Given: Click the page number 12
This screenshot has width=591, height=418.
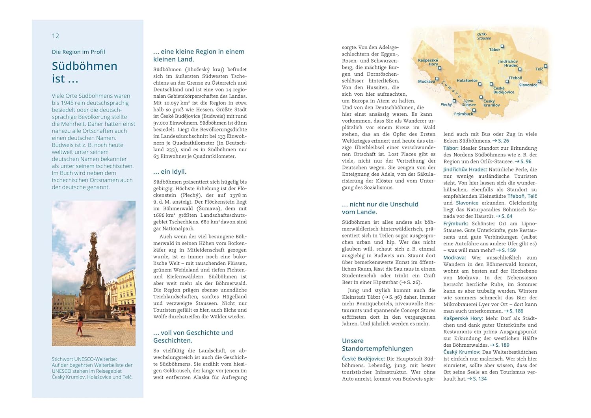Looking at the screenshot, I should coord(56,36).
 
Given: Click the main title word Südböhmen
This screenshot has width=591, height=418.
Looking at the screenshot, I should coord(85,66).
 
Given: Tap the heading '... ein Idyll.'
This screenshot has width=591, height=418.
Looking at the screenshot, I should coord(170,171).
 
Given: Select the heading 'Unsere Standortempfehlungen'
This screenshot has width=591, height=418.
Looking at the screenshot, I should coord(377,345).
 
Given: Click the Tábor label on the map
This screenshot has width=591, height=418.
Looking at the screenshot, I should coord(494,50).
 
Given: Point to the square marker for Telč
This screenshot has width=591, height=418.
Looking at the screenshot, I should coord(546,66).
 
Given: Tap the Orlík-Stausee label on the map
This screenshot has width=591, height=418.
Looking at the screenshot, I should coord(484,36).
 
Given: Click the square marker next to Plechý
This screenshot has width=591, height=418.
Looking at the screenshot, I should coord(454,101).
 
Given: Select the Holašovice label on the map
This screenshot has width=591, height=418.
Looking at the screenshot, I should coord(467,81).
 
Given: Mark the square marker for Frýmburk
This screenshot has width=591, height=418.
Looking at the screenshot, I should coord(474,110).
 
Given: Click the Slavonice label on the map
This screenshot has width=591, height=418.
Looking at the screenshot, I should coord(528,85).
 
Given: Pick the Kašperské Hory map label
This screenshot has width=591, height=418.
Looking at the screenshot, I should coord(428,62).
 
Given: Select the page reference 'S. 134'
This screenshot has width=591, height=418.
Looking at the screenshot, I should coord(479,379).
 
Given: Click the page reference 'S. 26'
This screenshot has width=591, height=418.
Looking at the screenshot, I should coord(504,141).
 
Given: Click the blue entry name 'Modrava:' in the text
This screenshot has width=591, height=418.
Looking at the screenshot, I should coord(454,258).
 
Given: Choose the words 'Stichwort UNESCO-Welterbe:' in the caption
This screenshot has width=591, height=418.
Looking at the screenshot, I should coord(84,359).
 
